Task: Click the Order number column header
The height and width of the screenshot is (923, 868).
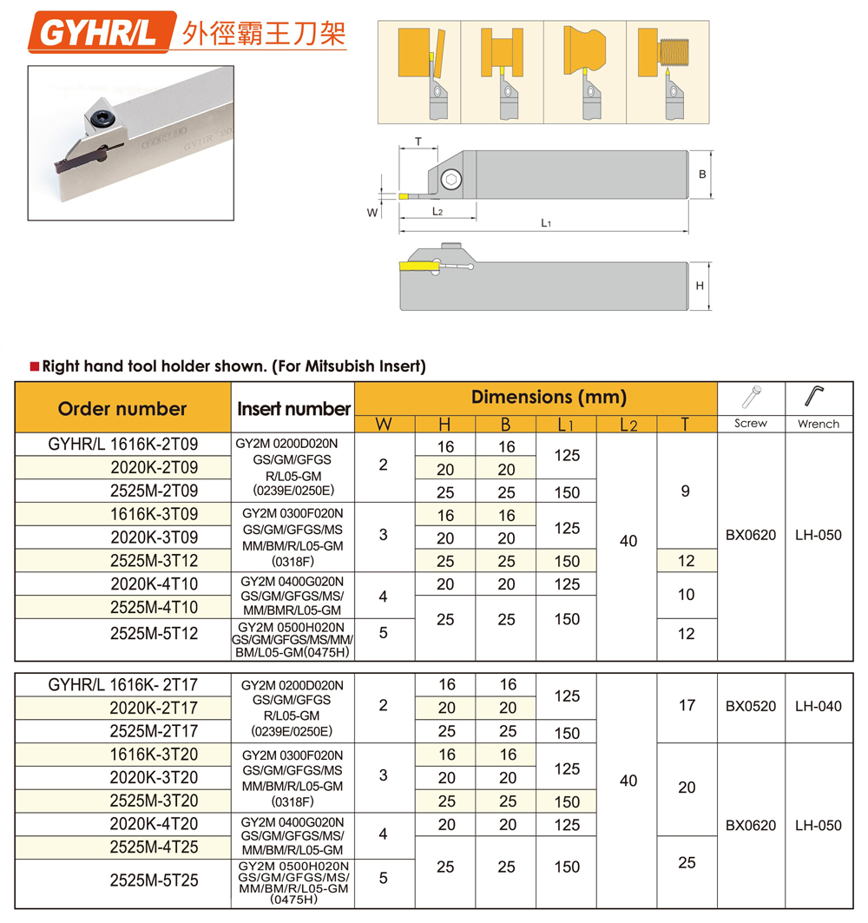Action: [122, 408]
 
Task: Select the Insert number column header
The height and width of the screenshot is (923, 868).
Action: [293, 408]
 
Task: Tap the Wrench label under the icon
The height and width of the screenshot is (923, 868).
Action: [819, 424]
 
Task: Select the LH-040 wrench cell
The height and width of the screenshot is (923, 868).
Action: [819, 706]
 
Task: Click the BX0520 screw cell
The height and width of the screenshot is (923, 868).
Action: [751, 706]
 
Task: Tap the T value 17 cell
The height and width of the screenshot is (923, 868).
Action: [687, 705]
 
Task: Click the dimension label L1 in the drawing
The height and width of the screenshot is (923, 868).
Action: [546, 223]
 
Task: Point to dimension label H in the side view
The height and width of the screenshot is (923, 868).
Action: [700, 286]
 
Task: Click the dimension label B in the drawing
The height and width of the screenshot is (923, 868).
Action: [702, 175]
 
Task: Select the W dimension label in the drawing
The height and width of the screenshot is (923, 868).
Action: [372, 211]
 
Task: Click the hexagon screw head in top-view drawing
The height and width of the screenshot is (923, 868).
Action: [450, 180]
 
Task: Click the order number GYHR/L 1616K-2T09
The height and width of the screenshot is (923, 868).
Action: [122, 445]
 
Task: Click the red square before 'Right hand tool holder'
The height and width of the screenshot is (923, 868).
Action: [34, 366]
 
